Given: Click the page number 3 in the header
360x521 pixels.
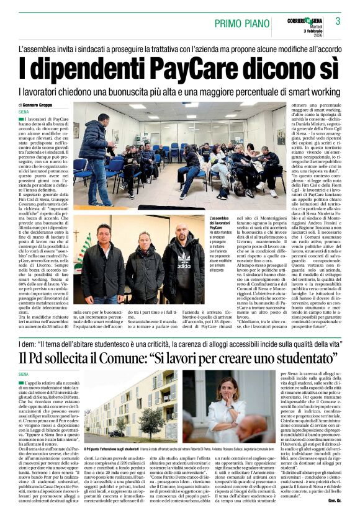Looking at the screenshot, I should pyautogui.click(x=338, y=21).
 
